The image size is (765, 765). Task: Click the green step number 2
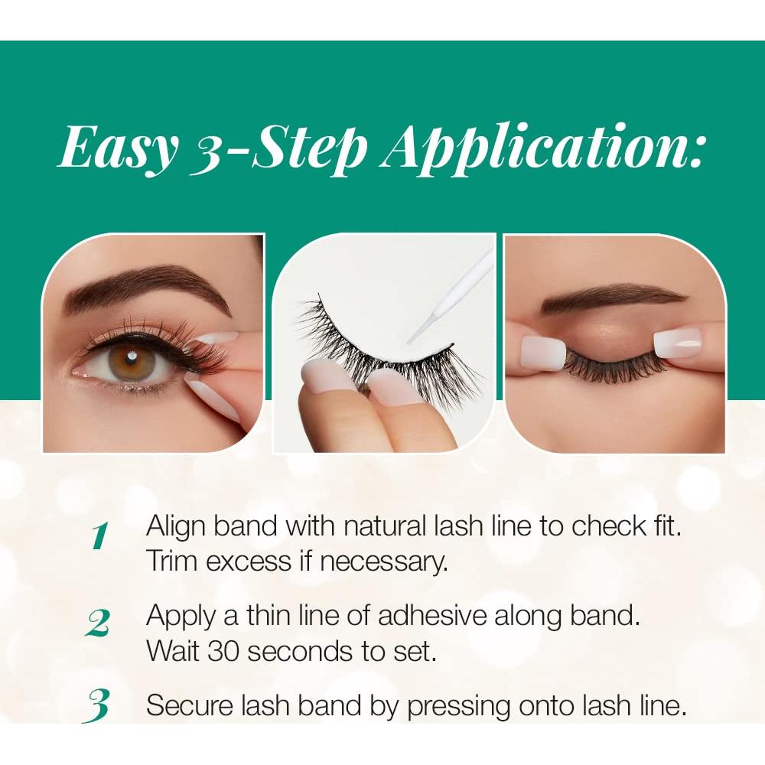pyautogui.click(x=98, y=624)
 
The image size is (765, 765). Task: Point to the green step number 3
pyautogui.click(x=98, y=706)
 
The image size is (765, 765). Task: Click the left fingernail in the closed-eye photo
pyautogui.click(x=542, y=353)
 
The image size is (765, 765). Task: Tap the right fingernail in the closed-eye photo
pyautogui.click(x=677, y=342)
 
